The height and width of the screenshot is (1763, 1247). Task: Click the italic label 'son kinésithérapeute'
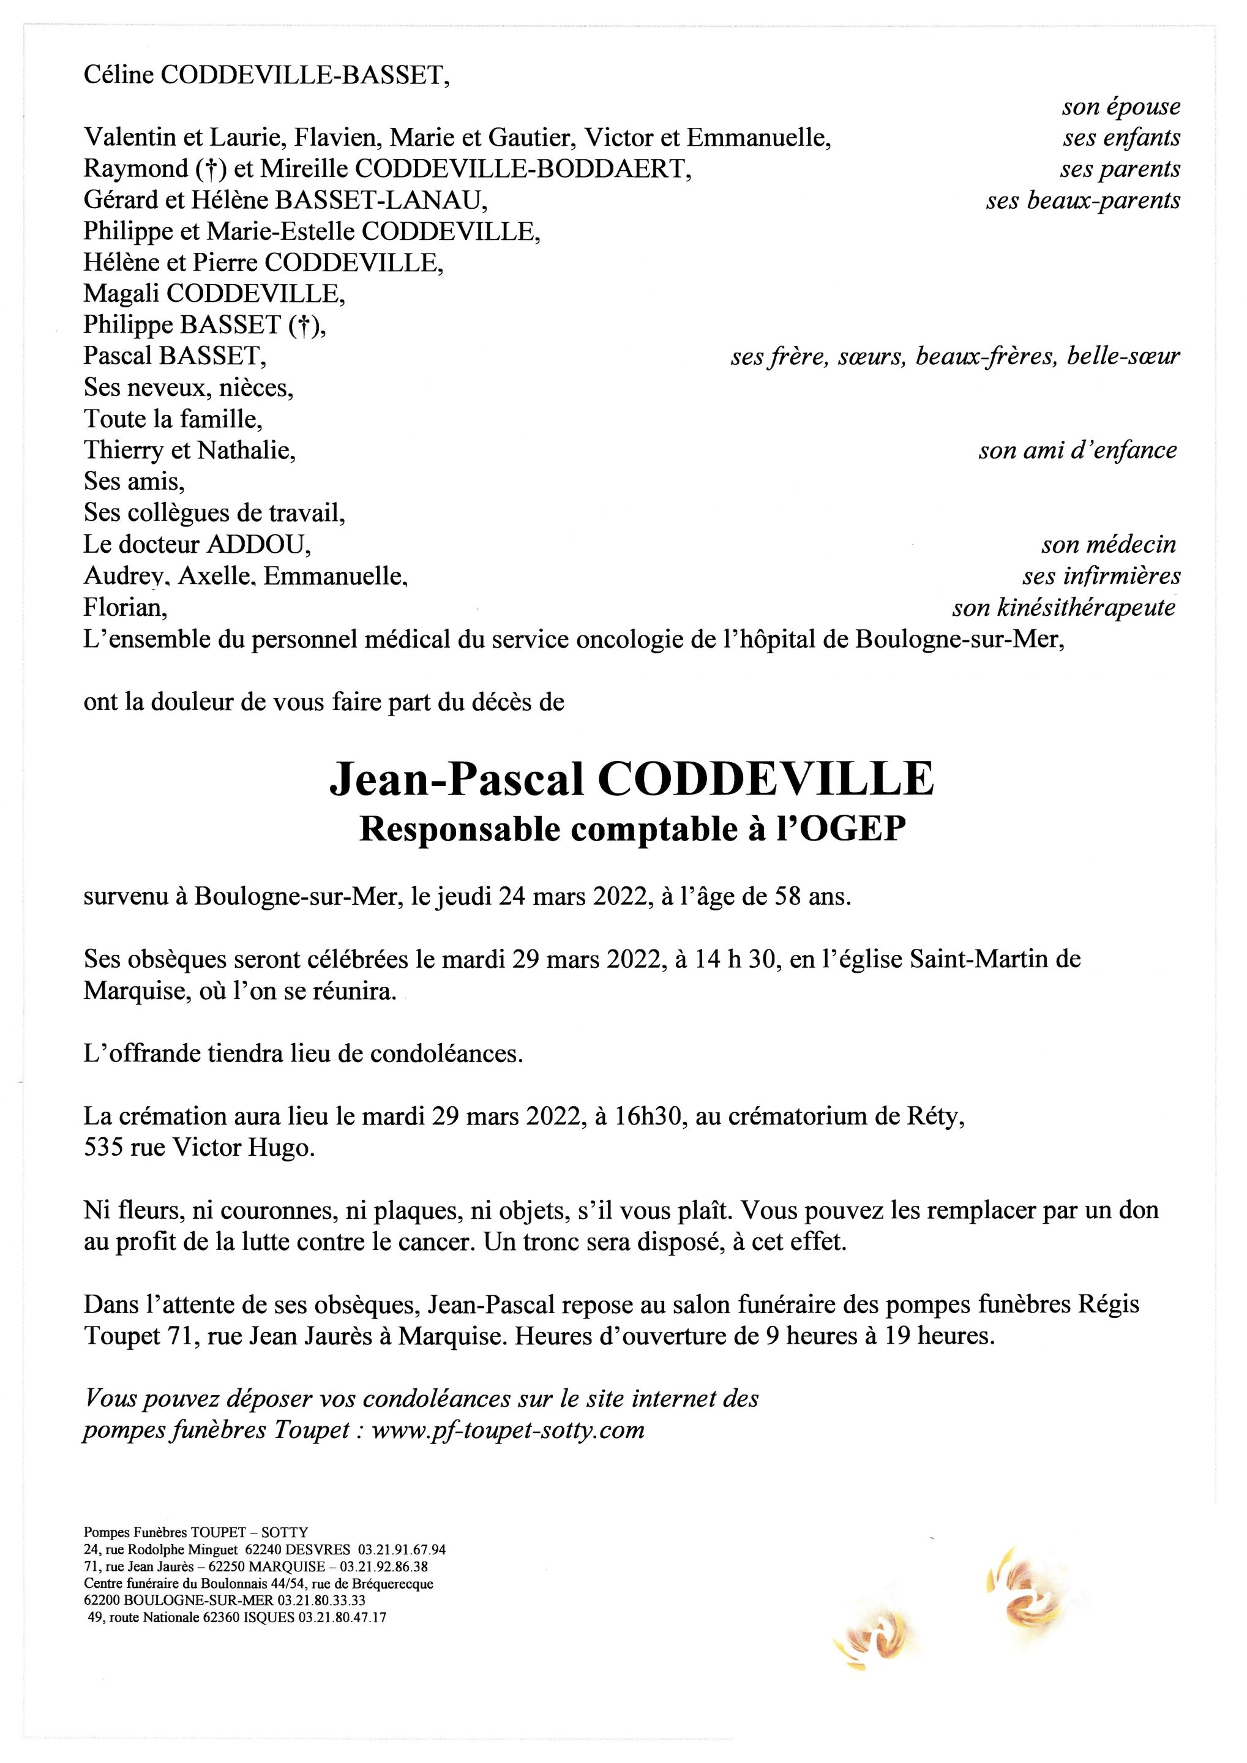1063,608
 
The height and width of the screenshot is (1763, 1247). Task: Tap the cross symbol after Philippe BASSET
305,326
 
